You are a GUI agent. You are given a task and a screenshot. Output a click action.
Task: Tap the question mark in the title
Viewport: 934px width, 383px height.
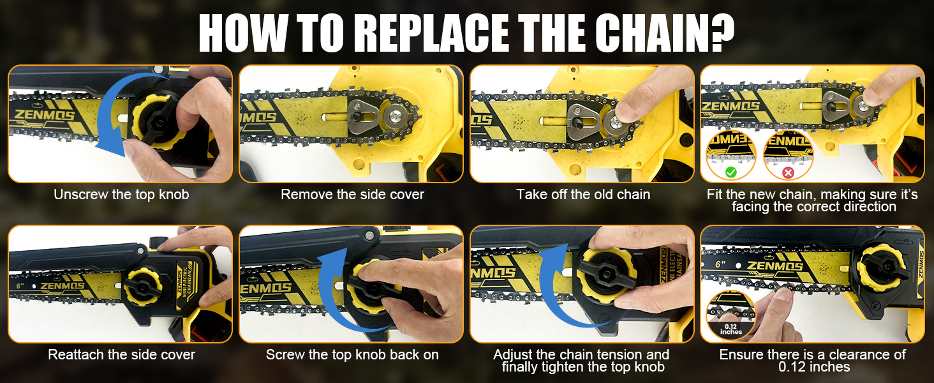pyautogui.click(x=720, y=32)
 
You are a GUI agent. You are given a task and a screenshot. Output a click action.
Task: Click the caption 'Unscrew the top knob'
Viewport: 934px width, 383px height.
pyautogui.click(x=121, y=195)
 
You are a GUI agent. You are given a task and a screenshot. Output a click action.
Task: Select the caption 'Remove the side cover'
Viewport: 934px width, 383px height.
pyautogui.click(x=352, y=195)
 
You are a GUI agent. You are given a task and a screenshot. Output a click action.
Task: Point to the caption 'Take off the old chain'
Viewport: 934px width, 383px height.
pyautogui.click(x=583, y=195)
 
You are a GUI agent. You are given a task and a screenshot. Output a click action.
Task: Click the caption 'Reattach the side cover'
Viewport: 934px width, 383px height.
pyautogui.click(x=121, y=354)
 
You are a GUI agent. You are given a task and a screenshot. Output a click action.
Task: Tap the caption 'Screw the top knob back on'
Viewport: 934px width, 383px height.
pyautogui.click(x=352, y=354)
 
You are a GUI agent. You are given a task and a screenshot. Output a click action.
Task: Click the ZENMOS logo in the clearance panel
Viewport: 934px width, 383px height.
pyautogui.click(x=775, y=266)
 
